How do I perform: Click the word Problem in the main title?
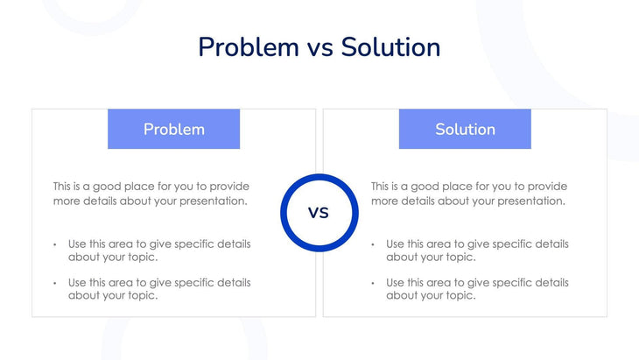tap(248, 46)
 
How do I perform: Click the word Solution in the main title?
tap(390, 46)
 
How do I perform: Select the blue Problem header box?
tap(173, 129)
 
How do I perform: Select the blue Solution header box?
tap(465, 129)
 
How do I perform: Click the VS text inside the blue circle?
tap(319, 213)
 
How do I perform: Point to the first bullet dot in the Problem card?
tap(54, 244)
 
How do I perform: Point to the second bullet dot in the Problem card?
tap(54, 283)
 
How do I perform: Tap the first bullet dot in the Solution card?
tap(373, 244)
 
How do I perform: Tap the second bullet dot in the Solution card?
tap(373, 283)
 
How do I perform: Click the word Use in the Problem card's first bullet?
tap(78, 244)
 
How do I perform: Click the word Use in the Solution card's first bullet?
tap(396, 244)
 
